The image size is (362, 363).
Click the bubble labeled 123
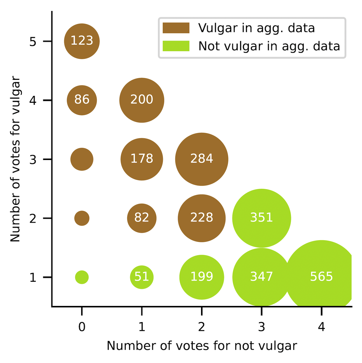[82, 41]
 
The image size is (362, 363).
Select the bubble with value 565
[321, 277]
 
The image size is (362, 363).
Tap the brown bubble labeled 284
[202, 159]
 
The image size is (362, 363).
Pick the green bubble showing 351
[261, 218]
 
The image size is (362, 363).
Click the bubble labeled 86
[82, 100]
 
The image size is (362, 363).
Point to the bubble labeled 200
[142, 100]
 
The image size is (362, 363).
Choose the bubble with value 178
[142, 159]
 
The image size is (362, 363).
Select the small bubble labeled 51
[142, 277]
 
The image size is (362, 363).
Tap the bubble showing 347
[261, 277]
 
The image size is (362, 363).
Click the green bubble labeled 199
[202, 277]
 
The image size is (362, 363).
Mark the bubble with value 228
[202, 218]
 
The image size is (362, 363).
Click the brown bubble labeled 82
[142, 218]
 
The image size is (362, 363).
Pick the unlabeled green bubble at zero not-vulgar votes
[82, 277]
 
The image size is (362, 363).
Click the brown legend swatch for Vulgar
[176, 28]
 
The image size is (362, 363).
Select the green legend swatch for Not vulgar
[176, 46]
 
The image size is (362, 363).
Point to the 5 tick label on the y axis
[33, 42]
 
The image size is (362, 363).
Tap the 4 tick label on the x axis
[321, 327]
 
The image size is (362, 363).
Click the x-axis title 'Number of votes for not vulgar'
[202, 346]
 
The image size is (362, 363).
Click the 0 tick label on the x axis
[82, 327]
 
